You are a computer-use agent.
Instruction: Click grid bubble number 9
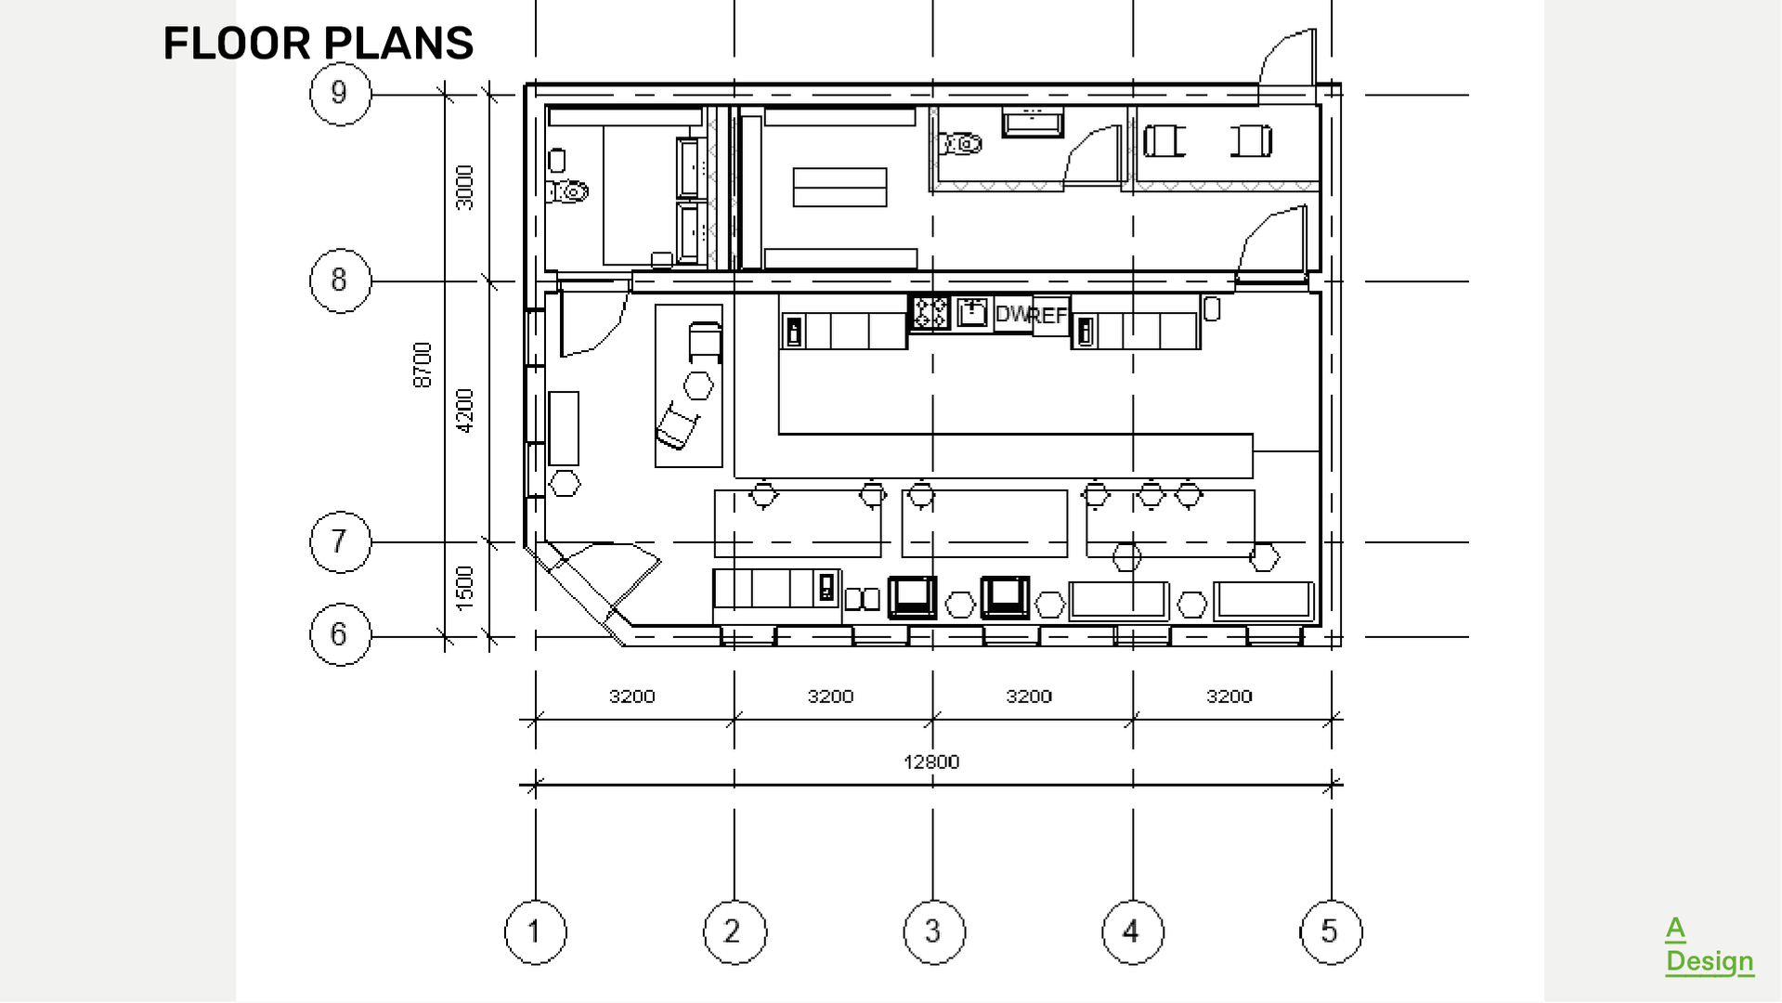coord(340,93)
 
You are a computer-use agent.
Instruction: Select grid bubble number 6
coord(340,634)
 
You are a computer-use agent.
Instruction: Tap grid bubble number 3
coord(933,931)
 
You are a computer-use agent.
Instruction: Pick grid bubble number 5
coord(1331,931)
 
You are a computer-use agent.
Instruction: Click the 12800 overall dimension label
coord(931,762)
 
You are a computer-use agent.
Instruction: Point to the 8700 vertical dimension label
coord(423,365)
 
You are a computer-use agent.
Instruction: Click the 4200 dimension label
coord(465,410)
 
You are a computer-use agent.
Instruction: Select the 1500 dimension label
coord(465,588)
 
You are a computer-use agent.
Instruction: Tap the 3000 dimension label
coord(465,187)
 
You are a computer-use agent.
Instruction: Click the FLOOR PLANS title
coord(318,44)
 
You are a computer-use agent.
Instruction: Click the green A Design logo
coord(1709,945)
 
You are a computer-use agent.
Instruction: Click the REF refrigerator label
coord(1050,316)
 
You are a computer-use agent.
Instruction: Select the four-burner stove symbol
coord(930,312)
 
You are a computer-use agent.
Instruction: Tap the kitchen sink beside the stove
coord(971,312)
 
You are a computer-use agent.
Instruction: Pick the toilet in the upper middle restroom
coord(962,144)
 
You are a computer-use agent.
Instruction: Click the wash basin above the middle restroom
coord(1032,122)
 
